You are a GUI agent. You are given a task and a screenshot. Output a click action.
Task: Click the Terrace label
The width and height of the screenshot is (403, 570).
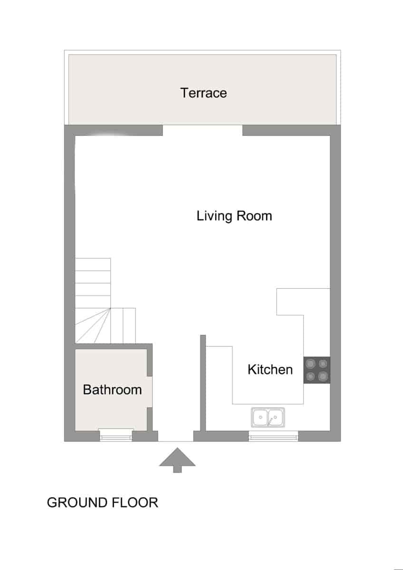(x=203, y=93)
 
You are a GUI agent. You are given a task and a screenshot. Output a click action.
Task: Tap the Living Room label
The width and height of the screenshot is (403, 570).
(x=234, y=216)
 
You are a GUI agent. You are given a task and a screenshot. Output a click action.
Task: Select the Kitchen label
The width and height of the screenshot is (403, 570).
(x=270, y=370)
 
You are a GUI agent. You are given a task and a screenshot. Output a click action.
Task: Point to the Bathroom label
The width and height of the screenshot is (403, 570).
(x=112, y=389)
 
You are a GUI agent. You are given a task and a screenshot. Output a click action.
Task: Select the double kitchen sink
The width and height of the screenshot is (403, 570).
(x=268, y=418)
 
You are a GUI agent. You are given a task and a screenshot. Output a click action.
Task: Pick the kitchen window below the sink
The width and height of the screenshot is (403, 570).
(x=273, y=436)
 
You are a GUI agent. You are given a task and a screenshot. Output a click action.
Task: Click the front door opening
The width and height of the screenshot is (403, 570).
(x=176, y=436)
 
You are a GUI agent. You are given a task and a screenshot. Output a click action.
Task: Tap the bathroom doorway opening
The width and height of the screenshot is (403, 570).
(x=150, y=392)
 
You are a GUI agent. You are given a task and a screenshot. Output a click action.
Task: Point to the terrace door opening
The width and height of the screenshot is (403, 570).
(x=202, y=130)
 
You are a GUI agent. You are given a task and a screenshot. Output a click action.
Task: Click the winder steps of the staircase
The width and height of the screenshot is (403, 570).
(x=93, y=326)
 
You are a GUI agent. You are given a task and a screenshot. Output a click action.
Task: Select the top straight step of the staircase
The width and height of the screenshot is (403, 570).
(x=93, y=265)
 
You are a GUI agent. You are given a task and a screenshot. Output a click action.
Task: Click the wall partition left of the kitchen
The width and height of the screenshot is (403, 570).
(x=203, y=383)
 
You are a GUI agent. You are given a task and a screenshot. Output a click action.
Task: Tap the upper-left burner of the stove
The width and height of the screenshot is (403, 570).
(x=310, y=364)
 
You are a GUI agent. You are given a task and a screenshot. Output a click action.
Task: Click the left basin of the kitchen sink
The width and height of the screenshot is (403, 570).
(x=260, y=418)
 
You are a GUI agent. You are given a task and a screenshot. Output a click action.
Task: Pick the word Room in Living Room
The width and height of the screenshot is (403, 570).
(x=254, y=216)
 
